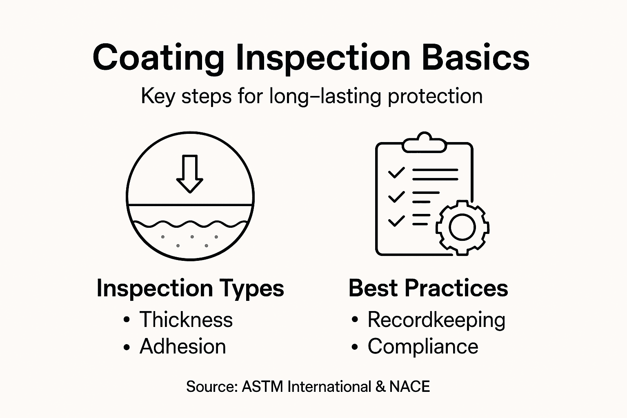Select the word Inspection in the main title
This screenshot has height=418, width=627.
click(x=323, y=58)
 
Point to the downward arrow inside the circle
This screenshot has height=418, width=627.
click(x=189, y=173)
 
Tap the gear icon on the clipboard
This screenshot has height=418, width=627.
click(x=462, y=227)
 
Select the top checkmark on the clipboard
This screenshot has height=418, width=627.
click(x=396, y=173)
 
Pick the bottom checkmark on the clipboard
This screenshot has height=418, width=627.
click(x=396, y=221)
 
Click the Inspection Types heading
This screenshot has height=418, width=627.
click(x=190, y=288)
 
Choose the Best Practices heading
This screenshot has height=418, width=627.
click(x=428, y=288)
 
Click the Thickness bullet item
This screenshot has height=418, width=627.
click(x=186, y=319)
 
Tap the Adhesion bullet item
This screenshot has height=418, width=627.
click(x=182, y=347)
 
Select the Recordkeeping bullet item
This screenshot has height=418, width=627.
click(x=436, y=320)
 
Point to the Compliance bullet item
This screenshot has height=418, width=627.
click(x=423, y=347)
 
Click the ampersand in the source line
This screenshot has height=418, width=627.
click(x=380, y=387)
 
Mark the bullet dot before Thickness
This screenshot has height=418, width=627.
click(x=127, y=320)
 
